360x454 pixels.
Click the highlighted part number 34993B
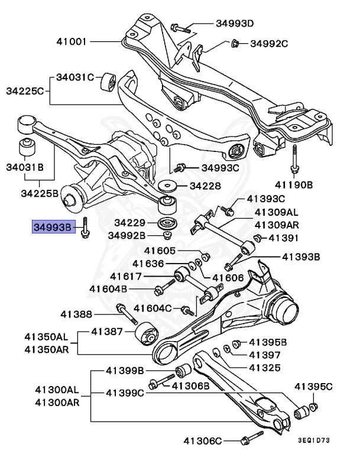(x=52, y=226)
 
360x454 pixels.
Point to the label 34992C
(x=269, y=43)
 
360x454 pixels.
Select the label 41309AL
(x=277, y=212)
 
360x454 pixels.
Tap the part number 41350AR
(x=46, y=349)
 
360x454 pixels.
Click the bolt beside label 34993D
(x=180, y=27)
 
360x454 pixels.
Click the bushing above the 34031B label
(x=25, y=145)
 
